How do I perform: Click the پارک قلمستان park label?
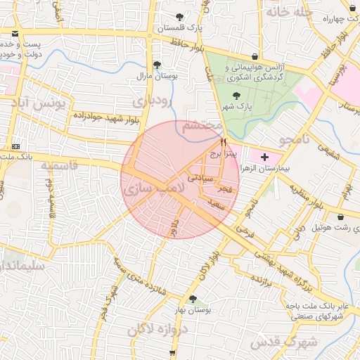(179, 28)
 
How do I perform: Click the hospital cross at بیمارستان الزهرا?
(264, 157)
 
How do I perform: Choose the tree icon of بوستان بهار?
(193, 299)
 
